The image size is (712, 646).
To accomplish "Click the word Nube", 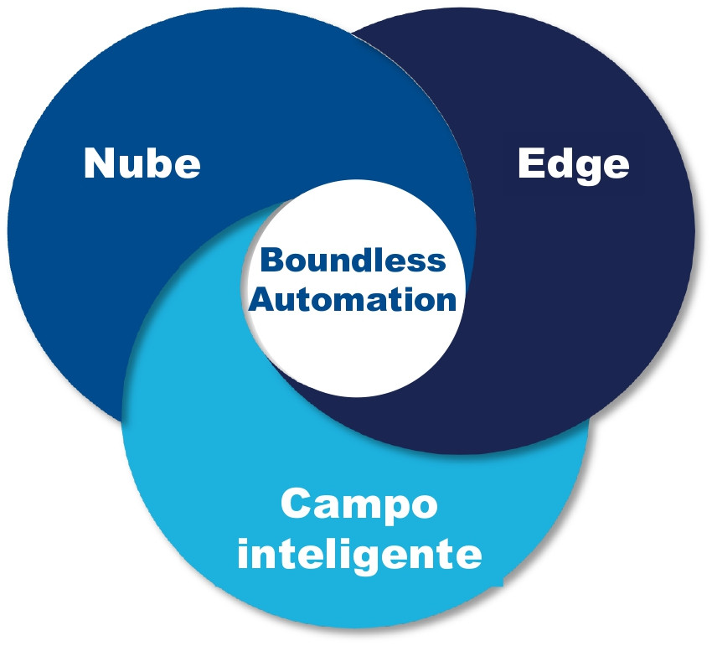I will [x=142, y=163].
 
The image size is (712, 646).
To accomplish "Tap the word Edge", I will [x=574, y=165].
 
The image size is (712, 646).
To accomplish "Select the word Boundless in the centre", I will [x=353, y=260].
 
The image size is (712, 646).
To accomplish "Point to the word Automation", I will [x=353, y=299].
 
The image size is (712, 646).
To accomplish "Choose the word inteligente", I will [x=359, y=555].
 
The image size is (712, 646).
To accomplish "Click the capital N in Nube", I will [x=99, y=163].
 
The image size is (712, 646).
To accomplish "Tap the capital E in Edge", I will [x=530, y=163].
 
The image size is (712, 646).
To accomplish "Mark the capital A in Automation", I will [x=262, y=299].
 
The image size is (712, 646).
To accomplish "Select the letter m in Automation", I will [x=353, y=301].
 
